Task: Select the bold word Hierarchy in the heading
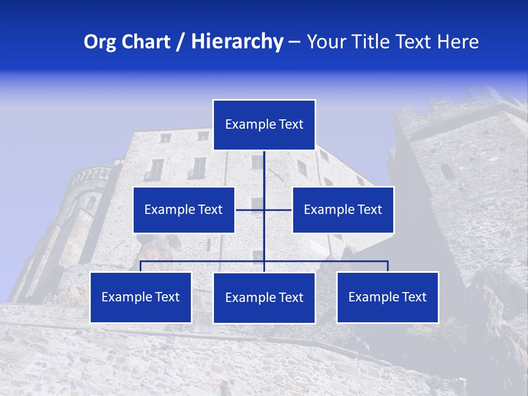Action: [237, 42]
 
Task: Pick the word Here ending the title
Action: [458, 42]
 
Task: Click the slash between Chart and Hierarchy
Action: [180, 42]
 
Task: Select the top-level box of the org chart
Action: [264, 125]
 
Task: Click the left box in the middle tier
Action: [184, 210]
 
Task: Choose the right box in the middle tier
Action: [343, 210]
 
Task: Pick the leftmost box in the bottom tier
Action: [141, 297]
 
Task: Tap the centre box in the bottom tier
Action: [264, 298]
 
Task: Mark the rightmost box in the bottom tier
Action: [388, 297]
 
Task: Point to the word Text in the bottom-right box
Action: [413, 297]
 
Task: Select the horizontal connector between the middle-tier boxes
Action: [250, 210]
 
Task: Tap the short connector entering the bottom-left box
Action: [141, 266]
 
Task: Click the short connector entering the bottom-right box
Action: [388, 266]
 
